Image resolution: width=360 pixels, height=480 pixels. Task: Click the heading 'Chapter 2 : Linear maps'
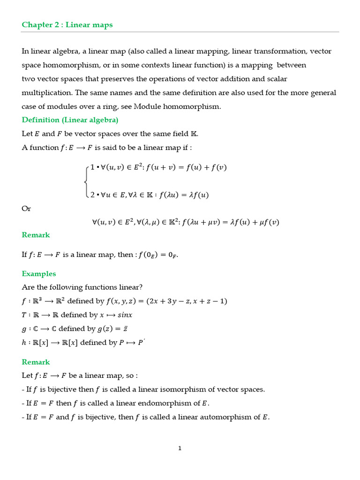[x=67, y=25]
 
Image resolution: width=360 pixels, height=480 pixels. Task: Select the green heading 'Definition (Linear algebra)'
[x=70, y=120]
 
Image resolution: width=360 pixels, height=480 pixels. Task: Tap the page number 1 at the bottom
[x=180, y=448]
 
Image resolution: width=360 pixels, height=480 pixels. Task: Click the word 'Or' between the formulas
[x=26, y=208]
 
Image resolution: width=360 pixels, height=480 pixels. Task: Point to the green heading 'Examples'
[x=39, y=274]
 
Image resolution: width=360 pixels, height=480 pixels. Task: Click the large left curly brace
[x=85, y=180]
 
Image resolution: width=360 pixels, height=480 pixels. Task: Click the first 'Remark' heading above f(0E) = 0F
[x=36, y=235]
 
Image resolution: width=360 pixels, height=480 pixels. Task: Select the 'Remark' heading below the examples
[x=36, y=362]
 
